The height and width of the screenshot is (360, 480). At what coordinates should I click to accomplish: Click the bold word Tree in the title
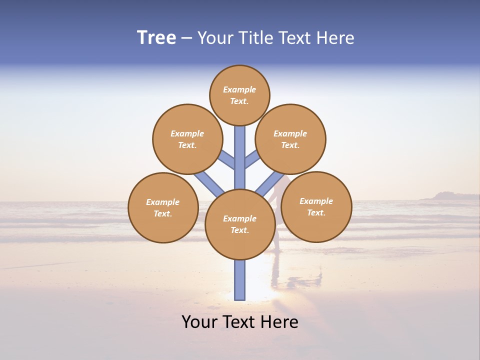[x=156, y=38]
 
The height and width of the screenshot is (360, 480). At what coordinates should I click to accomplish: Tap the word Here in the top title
[x=335, y=38]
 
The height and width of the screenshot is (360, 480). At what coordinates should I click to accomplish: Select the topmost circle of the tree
[x=239, y=95]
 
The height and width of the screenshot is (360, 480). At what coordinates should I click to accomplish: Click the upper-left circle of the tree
[x=187, y=139]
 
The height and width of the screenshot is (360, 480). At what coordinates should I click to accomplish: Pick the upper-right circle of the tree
[x=290, y=139]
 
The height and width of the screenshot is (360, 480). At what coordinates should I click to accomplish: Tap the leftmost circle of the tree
[x=163, y=207]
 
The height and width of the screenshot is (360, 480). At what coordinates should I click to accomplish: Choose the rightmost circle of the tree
[x=316, y=206]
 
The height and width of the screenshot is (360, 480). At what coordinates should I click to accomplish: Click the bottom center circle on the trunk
[x=239, y=224]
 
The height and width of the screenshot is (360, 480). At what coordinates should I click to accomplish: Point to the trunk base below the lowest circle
[x=239, y=280]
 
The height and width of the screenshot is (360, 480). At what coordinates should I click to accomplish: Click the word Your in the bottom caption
[x=200, y=322]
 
